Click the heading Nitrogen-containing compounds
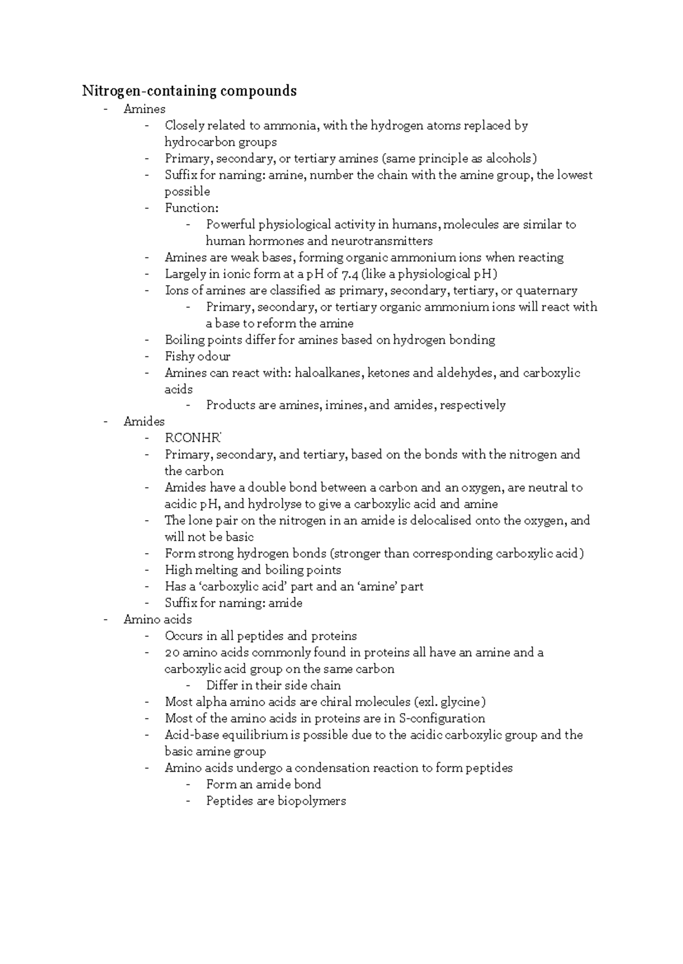point(190,91)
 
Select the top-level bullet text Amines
point(145,109)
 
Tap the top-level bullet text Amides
point(144,422)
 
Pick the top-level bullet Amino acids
point(158,620)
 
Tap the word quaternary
point(546,291)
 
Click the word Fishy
point(179,357)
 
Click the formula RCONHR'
point(193,438)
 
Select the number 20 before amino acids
point(172,653)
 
